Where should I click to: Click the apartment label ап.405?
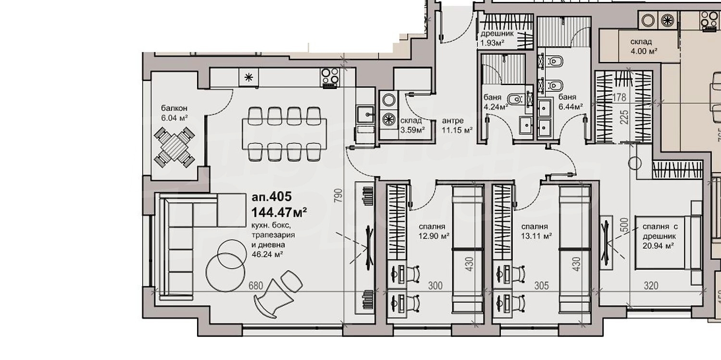click(x=272, y=196)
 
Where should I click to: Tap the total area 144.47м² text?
click(x=279, y=212)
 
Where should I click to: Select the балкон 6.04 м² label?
click(x=174, y=113)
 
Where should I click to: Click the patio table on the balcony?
click(x=174, y=148)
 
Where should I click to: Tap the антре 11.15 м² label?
click(x=457, y=125)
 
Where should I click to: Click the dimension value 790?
click(x=338, y=195)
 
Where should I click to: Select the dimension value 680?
click(x=256, y=286)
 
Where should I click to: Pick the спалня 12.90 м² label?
click(x=434, y=231)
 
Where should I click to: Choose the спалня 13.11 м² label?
click(x=536, y=231)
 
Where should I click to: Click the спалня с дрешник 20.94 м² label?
click(x=660, y=236)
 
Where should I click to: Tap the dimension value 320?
click(x=651, y=286)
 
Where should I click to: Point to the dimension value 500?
click(x=624, y=225)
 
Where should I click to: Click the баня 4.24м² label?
click(x=496, y=102)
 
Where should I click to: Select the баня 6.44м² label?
click(x=571, y=102)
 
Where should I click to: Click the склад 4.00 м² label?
click(x=644, y=46)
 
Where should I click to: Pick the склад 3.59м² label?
click(x=412, y=125)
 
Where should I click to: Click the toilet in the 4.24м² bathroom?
click(x=516, y=99)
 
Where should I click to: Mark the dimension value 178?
click(x=619, y=97)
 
